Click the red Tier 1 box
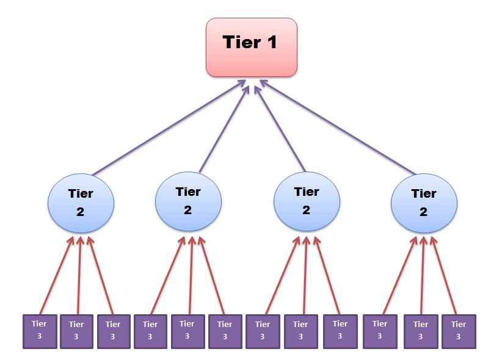tap(252, 47)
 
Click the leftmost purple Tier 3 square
tap(40, 331)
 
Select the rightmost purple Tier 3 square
tap(458, 331)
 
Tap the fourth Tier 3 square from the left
tap(150, 331)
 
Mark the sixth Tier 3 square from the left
tap(225, 331)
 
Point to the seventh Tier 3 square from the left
tap(263, 331)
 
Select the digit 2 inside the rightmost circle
tap(423, 212)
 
